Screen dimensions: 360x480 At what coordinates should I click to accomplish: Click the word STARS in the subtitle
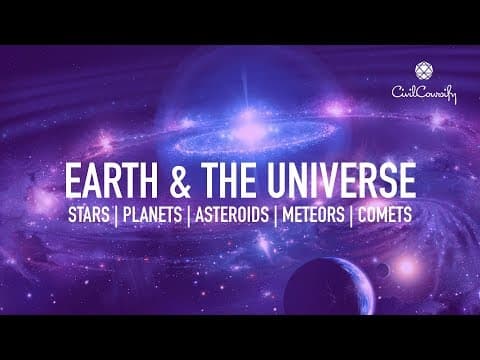(x=91, y=215)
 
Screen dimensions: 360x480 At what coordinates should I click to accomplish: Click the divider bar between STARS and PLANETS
(x=119, y=215)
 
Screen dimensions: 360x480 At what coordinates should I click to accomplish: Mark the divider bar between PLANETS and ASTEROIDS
(x=187, y=215)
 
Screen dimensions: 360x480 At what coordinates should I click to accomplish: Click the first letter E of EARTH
(x=72, y=182)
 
